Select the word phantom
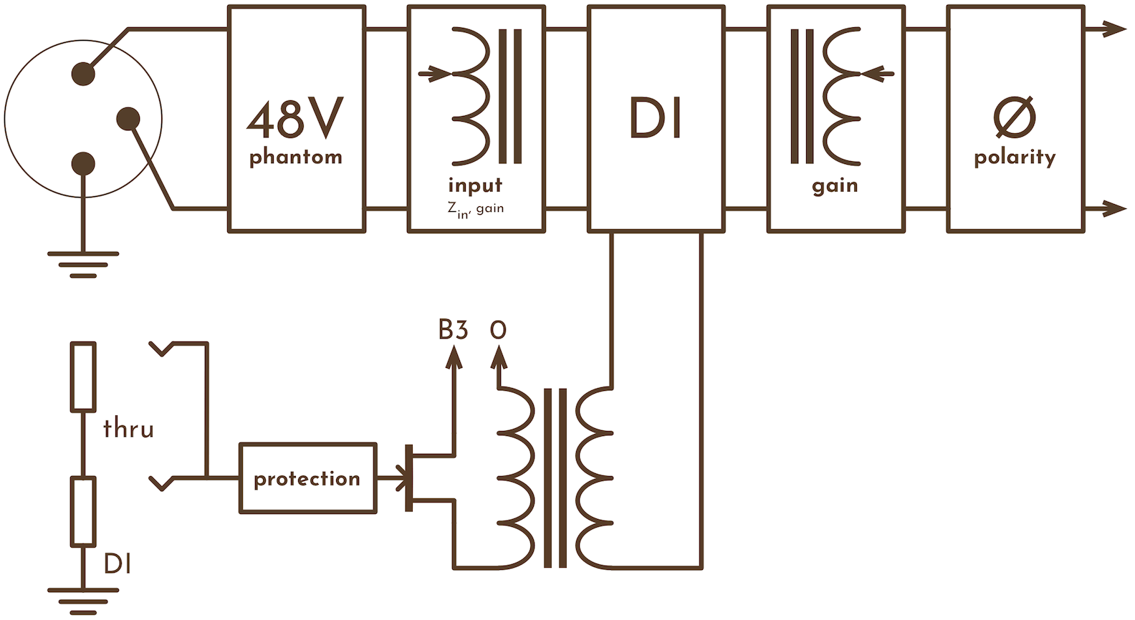click(x=295, y=158)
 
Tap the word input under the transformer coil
click(x=475, y=186)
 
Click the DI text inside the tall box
click(x=655, y=118)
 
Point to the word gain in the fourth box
click(x=835, y=187)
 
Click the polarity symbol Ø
click(x=1015, y=117)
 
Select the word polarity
click(x=1015, y=158)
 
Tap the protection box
click(x=307, y=478)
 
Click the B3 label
click(x=453, y=330)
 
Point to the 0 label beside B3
click(x=498, y=330)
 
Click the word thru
click(x=128, y=429)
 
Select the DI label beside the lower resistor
click(x=118, y=564)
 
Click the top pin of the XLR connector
click(x=83, y=73)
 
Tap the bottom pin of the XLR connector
click(x=83, y=164)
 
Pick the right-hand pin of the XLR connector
click(x=128, y=118)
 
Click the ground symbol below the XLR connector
click(x=83, y=263)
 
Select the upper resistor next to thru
click(x=83, y=377)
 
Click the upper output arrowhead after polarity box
click(x=1114, y=29)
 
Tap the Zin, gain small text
click(x=475, y=209)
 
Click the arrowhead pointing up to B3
click(x=453, y=356)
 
